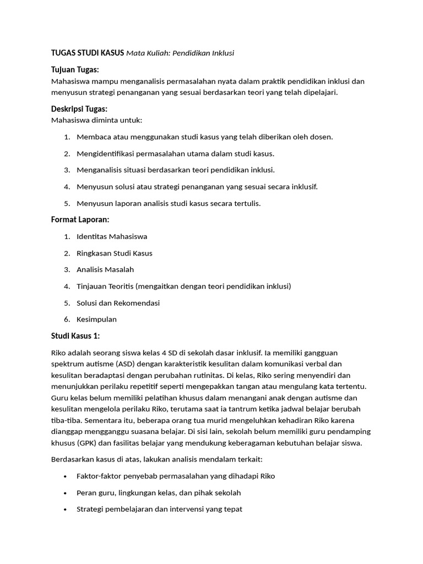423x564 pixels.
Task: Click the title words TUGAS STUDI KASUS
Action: pyautogui.click(x=88, y=53)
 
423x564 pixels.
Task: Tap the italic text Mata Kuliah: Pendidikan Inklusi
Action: pyautogui.click(x=180, y=53)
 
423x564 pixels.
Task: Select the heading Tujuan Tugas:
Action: pyautogui.click(x=75, y=70)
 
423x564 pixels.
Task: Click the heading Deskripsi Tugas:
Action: pyautogui.click(x=79, y=109)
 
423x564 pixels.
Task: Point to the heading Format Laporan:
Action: pyautogui.click(x=80, y=220)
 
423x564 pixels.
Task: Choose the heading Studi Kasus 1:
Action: pyautogui.click(x=76, y=336)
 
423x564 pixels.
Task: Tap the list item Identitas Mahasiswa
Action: pyautogui.click(x=112, y=237)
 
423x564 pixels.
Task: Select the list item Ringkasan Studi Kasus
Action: pyautogui.click(x=115, y=253)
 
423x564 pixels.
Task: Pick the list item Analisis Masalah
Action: pyautogui.click(x=105, y=270)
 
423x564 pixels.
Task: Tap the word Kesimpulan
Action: pyautogui.click(x=96, y=319)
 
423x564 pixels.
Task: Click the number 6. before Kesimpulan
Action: pyautogui.click(x=66, y=319)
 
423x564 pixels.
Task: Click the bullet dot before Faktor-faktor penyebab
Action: pyautogui.click(x=66, y=476)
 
